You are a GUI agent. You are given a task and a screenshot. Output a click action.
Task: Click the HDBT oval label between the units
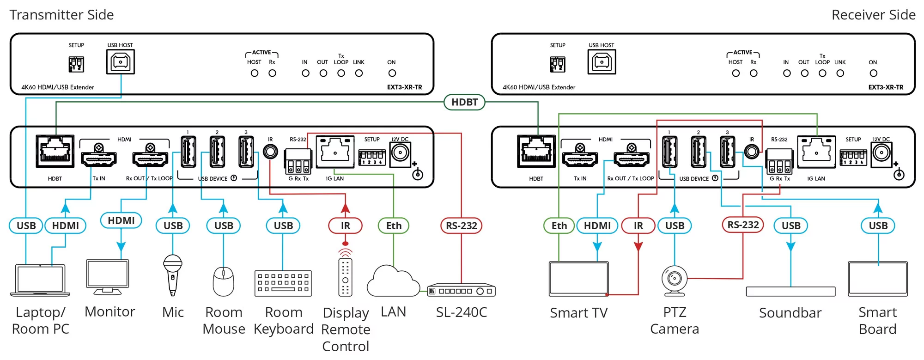tap(464, 102)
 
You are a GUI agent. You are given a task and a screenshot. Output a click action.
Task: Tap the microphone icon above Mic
tap(172, 275)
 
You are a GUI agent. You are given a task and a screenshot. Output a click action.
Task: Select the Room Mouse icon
tap(223, 281)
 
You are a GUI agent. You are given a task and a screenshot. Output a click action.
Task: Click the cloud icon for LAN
tap(393, 281)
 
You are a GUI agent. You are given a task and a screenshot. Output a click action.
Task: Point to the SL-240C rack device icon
tap(461, 290)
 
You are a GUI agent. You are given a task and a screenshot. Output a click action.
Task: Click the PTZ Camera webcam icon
tap(674, 280)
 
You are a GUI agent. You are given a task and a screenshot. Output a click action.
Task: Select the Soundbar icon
tap(790, 292)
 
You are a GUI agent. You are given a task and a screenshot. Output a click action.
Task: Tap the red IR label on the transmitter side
tap(345, 226)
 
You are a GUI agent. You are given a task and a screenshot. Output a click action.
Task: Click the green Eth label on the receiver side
tap(559, 226)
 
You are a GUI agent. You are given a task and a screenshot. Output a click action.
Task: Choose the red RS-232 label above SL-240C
tap(461, 226)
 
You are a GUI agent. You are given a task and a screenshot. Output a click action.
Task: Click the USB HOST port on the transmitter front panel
tap(121, 62)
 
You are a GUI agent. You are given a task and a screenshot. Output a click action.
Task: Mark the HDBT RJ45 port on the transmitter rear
tap(55, 152)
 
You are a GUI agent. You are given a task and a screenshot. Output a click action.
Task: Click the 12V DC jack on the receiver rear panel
tap(881, 153)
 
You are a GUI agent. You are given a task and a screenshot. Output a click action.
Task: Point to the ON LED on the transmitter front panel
tap(392, 73)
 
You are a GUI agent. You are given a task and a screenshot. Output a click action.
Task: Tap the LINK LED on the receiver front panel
tap(840, 73)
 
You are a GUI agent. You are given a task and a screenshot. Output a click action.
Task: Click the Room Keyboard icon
tap(283, 283)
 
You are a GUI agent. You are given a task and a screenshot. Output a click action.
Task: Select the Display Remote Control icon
tap(345, 277)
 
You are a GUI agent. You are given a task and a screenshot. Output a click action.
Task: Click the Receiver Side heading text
tap(873, 15)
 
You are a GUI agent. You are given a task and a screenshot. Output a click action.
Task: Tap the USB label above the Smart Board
tap(878, 226)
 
